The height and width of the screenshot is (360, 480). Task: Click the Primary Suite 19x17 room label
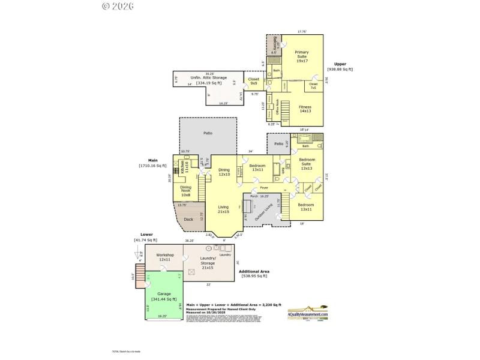[301, 56]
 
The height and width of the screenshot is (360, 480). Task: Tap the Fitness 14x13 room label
[305, 109]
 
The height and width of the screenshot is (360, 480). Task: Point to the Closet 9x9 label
[254, 80]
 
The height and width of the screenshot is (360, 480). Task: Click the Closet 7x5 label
[313, 86]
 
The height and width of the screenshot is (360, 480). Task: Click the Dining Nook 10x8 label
[186, 191]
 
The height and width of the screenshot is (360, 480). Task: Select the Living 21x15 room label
[223, 209]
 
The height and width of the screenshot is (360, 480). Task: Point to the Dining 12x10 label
[224, 172]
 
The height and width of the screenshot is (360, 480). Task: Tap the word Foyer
[264, 188]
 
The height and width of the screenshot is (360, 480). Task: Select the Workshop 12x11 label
[164, 257]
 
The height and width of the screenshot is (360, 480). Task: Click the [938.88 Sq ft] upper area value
[340, 69]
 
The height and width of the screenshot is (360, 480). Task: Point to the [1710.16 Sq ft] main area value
[152, 165]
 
